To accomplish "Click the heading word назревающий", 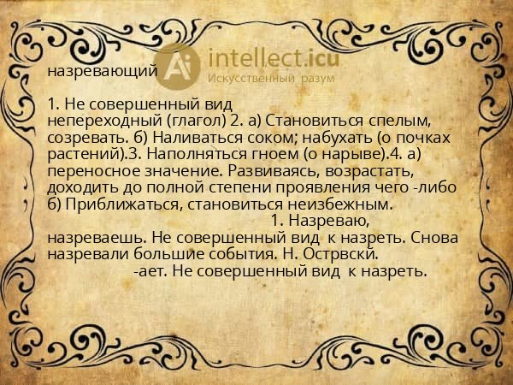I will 102,72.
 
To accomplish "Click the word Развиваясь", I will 259,170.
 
